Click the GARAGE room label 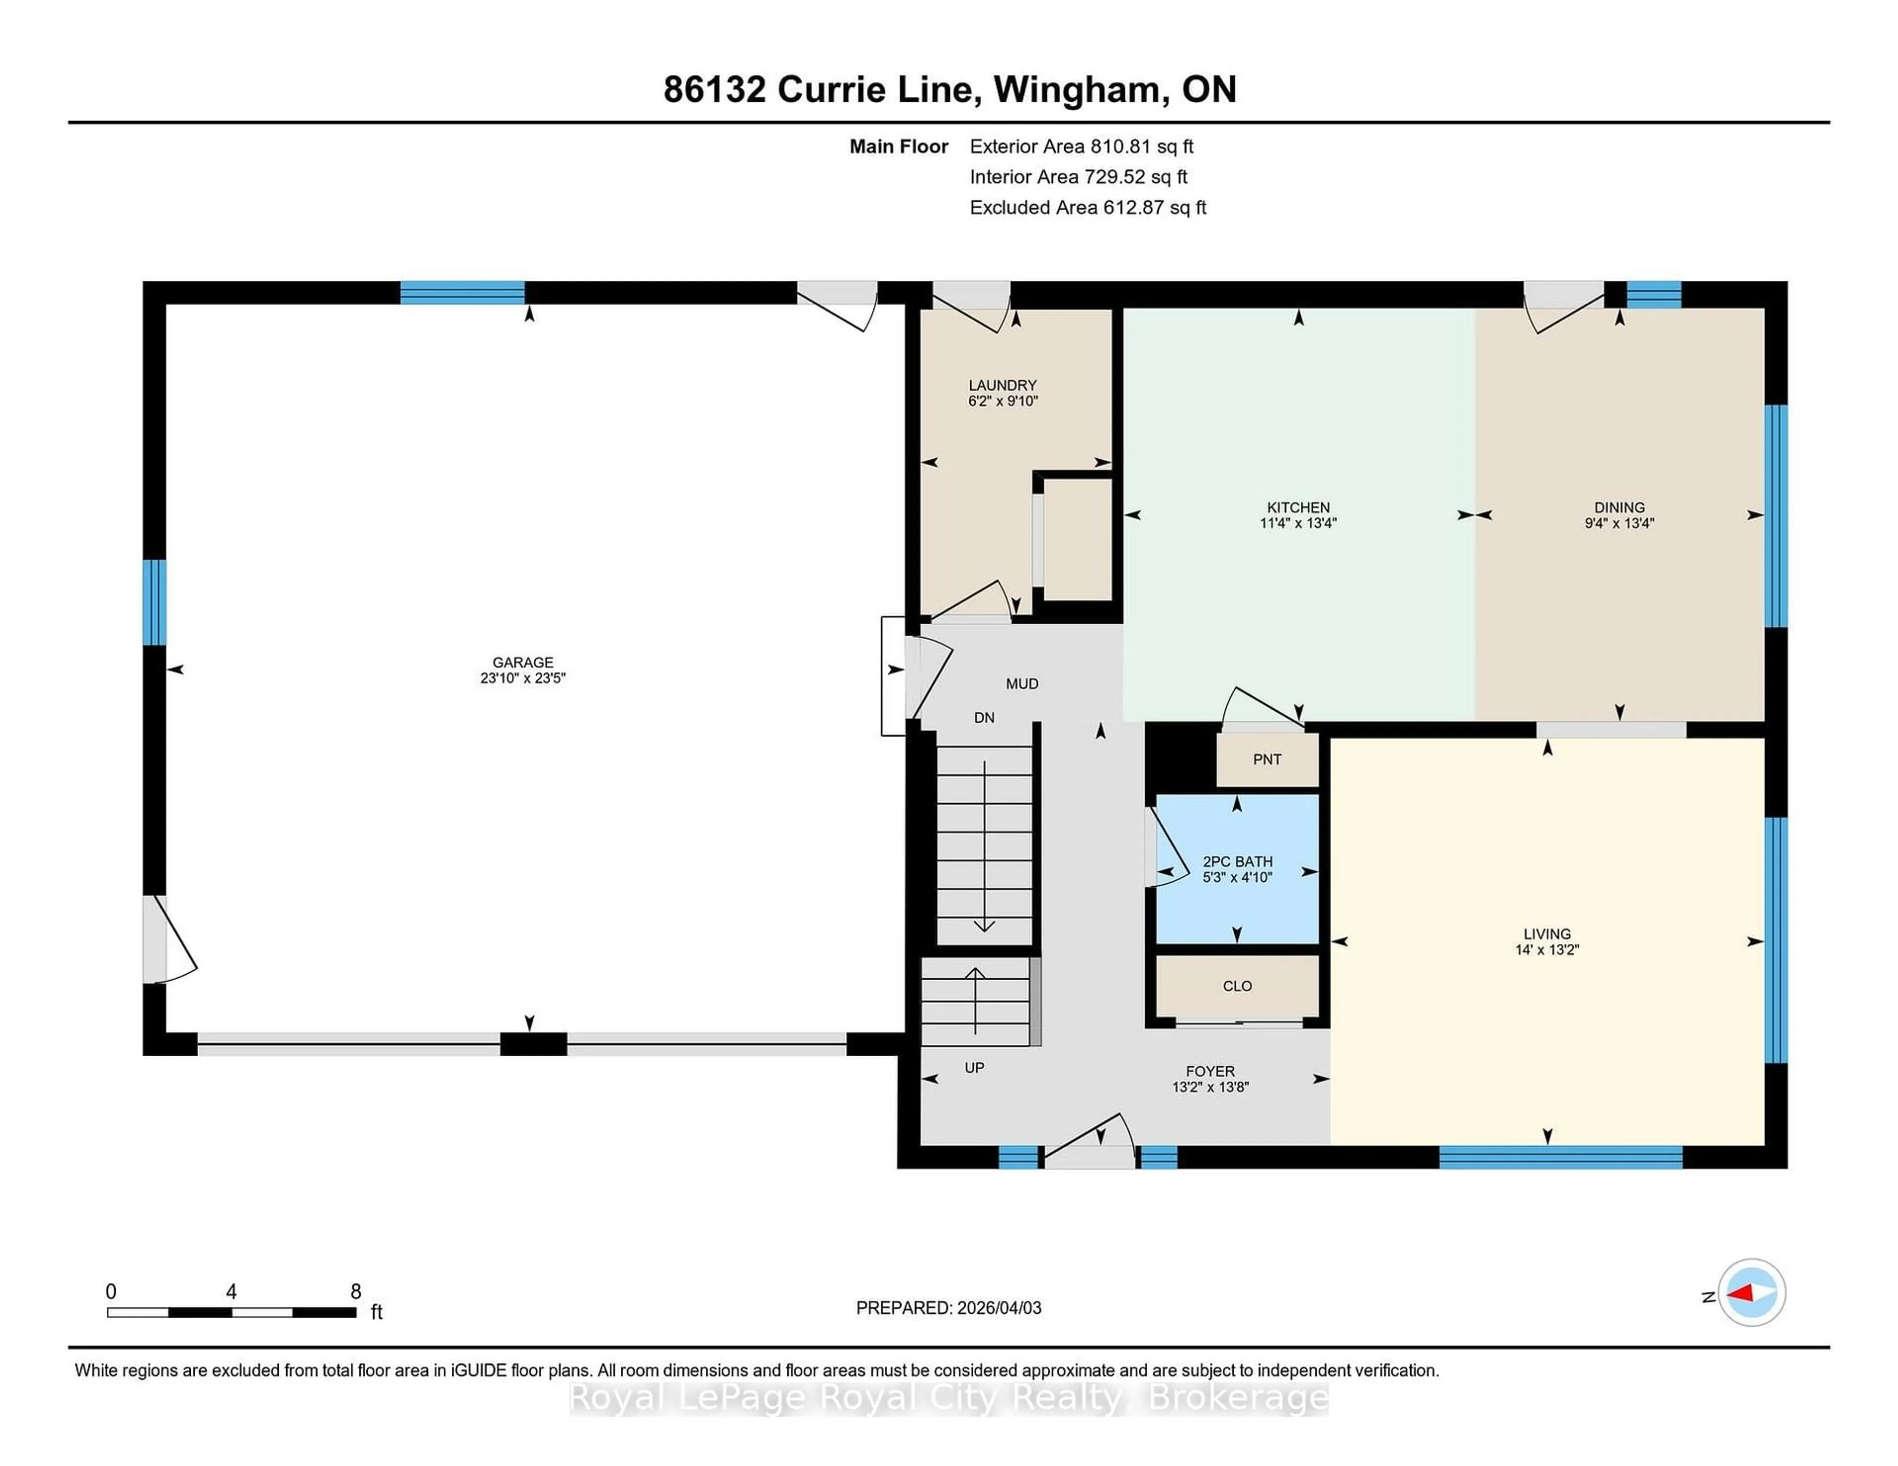(522, 662)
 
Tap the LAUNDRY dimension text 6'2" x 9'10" (1003, 401)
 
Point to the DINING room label (1619, 508)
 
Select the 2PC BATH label (1237, 861)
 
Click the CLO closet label (1237, 987)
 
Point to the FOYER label (1209, 1072)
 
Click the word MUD (1022, 684)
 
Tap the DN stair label (984, 718)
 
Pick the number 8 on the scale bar (355, 1292)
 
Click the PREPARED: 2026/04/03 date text (948, 1308)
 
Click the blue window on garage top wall (462, 293)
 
